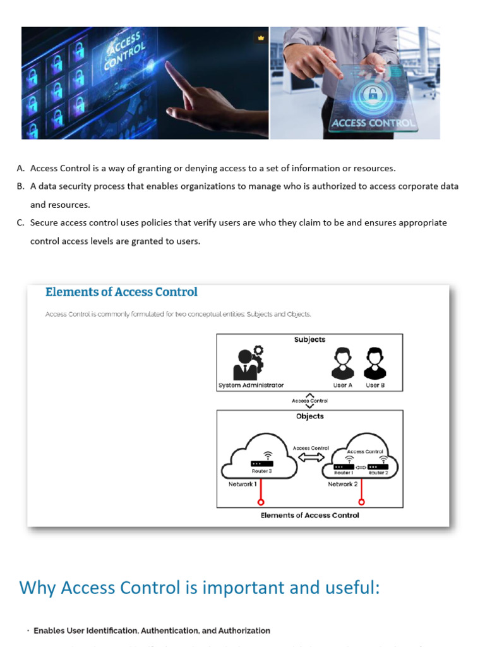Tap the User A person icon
click(342, 363)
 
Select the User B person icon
click(375, 363)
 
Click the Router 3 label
click(261, 471)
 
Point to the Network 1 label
click(242, 484)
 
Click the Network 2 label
click(342, 484)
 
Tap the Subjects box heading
click(309, 339)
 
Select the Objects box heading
click(309, 416)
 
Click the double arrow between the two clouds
click(311, 457)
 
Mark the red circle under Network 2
click(361, 503)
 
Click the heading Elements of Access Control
click(121, 292)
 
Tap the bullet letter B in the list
click(21, 186)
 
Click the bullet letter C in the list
click(21, 222)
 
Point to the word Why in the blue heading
click(37, 588)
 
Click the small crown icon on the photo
click(261, 38)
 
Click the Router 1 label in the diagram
click(343, 473)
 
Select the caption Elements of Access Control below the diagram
click(309, 516)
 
